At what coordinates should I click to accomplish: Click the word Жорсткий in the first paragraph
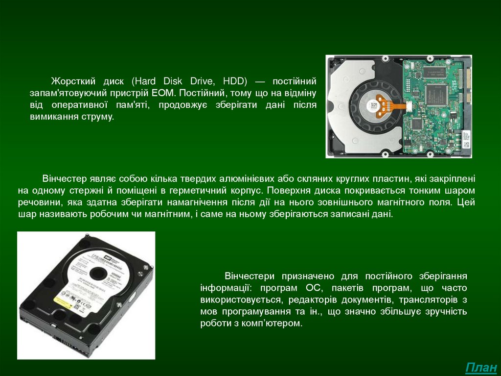click(73, 81)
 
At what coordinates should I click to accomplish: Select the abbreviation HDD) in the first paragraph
click(235, 81)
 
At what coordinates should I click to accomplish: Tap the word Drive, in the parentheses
click(201, 81)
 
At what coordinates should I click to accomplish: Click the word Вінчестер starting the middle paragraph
click(64, 178)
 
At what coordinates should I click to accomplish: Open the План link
click(481, 368)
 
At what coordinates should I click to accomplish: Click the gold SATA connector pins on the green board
click(468, 84)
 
